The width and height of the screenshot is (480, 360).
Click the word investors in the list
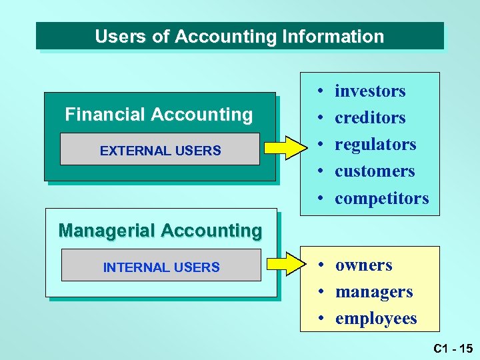tap(370, 91)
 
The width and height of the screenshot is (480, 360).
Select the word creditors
tap(370, 118)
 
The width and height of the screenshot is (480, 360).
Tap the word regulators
tap(375, 145)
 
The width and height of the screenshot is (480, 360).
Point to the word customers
tap(375, 171)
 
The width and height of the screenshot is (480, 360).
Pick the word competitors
tap(382, 198)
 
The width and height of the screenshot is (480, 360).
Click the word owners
tap(363, 265)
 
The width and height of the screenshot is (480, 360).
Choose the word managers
tap(374, 292)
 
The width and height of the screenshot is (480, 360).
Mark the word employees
tap(376, 319)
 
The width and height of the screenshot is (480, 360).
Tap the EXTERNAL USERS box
tap(160, 150)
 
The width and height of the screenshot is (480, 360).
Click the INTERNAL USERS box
tap(161, 267)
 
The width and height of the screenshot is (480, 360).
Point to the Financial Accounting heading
tap(159, 115)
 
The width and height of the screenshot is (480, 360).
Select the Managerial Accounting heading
tap(160, 231)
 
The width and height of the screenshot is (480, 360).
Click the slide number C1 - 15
tap(451, 348)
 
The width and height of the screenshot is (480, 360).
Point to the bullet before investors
tap(321, 91)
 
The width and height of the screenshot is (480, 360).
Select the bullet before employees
tap(321, 319)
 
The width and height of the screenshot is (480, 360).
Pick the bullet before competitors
tap(321, 199)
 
